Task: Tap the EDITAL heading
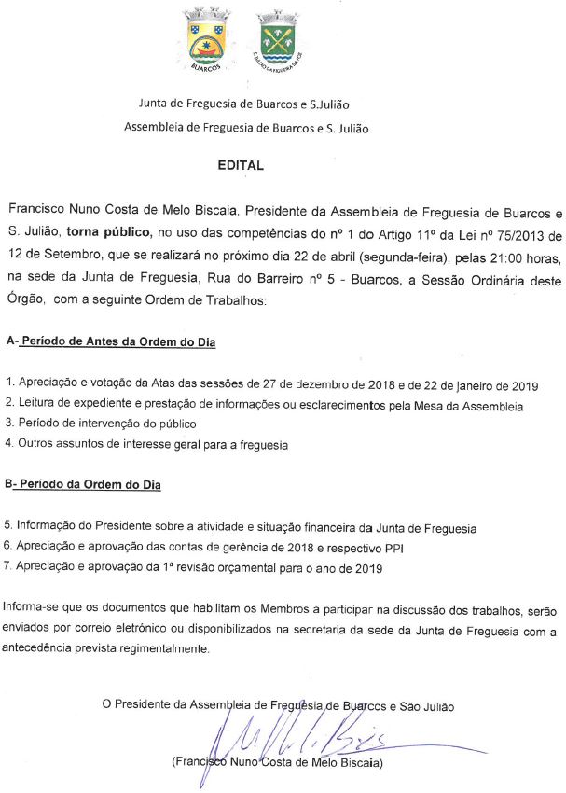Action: coord(241,165)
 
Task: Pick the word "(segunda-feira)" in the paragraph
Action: coord(380,251)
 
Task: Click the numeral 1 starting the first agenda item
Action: coord(7,384)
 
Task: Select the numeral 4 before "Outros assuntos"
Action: coord(8,444)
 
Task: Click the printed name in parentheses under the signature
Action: coord(277,761)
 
